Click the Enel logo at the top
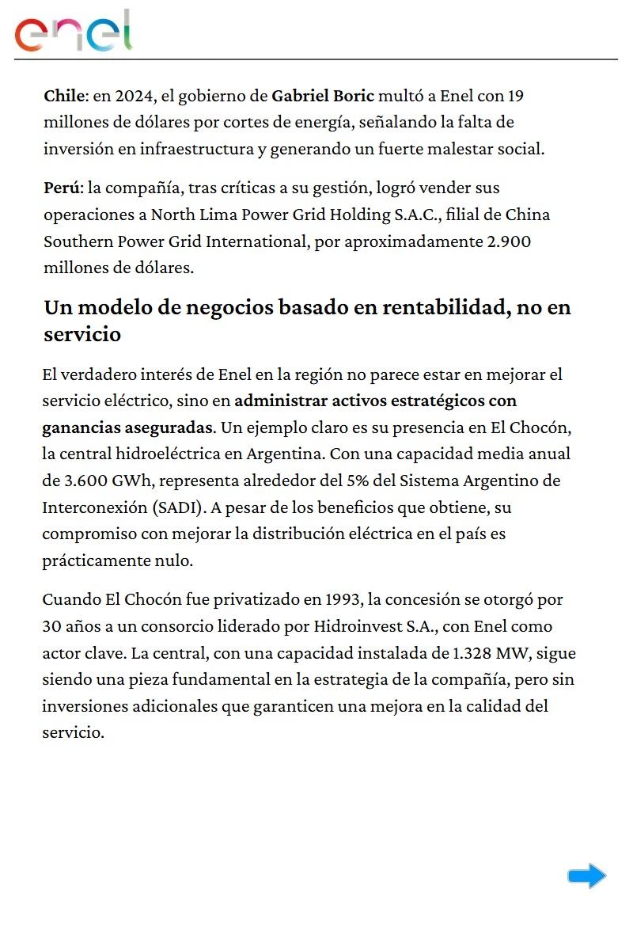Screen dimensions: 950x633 point(74,32)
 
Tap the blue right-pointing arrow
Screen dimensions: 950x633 point(587,876)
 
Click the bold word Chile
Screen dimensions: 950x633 point(63,97)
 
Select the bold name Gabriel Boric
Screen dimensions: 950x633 point(323,97)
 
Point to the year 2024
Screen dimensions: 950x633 point(136,97)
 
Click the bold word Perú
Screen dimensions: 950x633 point(62,188)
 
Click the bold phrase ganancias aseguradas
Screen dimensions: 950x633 point(127,427)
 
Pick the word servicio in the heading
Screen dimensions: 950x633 point(82,334)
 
